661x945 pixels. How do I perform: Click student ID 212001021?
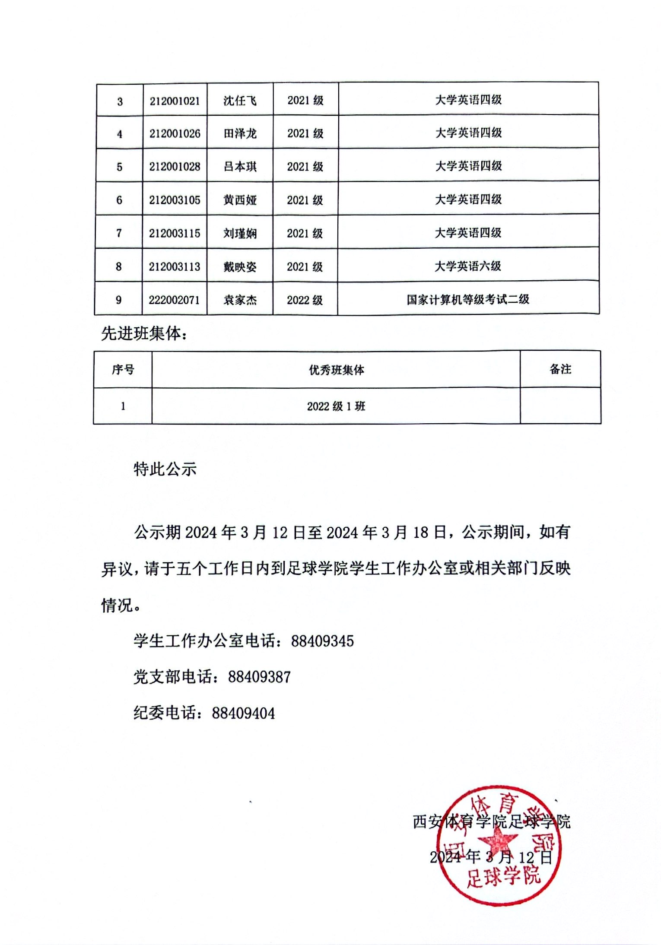pos(175,101)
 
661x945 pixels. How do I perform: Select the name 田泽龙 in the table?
pos(240,133)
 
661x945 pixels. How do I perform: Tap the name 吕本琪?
pos(240,167)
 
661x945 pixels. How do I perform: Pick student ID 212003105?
pos(175,200)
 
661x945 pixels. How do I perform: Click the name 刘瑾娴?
pos(240,234)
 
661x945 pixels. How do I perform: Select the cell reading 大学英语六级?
pos(468,266)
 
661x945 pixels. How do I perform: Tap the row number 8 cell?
pos(119,266)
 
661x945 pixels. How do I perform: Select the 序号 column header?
pos(123,370)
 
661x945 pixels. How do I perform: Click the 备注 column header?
pos(560,369)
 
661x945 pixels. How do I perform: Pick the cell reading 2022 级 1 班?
pos(336,406)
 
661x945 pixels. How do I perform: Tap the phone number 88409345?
pos(322,641)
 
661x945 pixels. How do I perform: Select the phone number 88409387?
pos(259,677)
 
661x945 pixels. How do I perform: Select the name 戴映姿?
pos(240,267)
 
